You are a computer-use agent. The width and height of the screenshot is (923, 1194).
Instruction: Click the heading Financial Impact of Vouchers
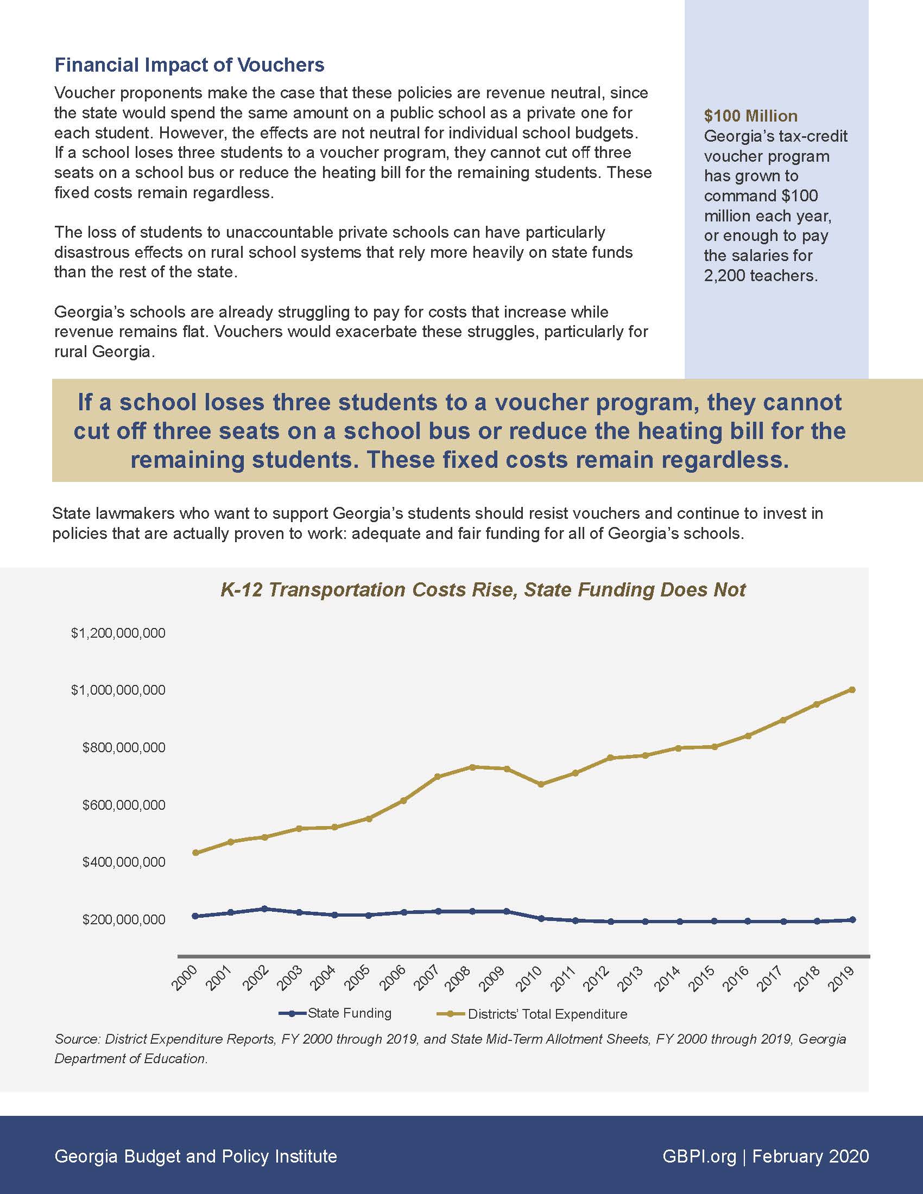tap(189, 65)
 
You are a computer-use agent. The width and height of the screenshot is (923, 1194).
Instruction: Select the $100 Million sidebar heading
tap(750, 116)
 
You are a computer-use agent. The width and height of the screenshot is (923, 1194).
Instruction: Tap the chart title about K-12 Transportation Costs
tap(483, 590)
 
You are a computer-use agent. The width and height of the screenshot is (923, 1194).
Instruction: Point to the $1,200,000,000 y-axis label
tap(118, 633)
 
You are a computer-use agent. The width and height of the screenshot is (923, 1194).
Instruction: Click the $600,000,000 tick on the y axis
tap(124, 805)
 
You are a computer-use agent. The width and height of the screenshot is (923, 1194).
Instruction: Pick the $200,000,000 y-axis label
tap(124, 919)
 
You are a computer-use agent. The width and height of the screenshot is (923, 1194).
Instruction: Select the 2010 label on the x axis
tap(529, 978)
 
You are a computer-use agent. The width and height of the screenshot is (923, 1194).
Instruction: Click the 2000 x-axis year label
tap(184, 978)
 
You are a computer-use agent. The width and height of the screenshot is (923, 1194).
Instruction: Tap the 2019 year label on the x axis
tap(842, 978)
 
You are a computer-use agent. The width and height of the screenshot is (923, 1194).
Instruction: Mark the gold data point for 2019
tap(852, 690)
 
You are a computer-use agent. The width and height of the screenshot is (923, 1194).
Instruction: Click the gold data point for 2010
tap(541, 785)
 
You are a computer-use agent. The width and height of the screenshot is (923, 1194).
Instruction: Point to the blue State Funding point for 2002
tap(264, 909)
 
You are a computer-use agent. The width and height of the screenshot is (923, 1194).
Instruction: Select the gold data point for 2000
tap(195, 852)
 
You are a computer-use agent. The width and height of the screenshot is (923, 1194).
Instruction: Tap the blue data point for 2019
tap(852, 919)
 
